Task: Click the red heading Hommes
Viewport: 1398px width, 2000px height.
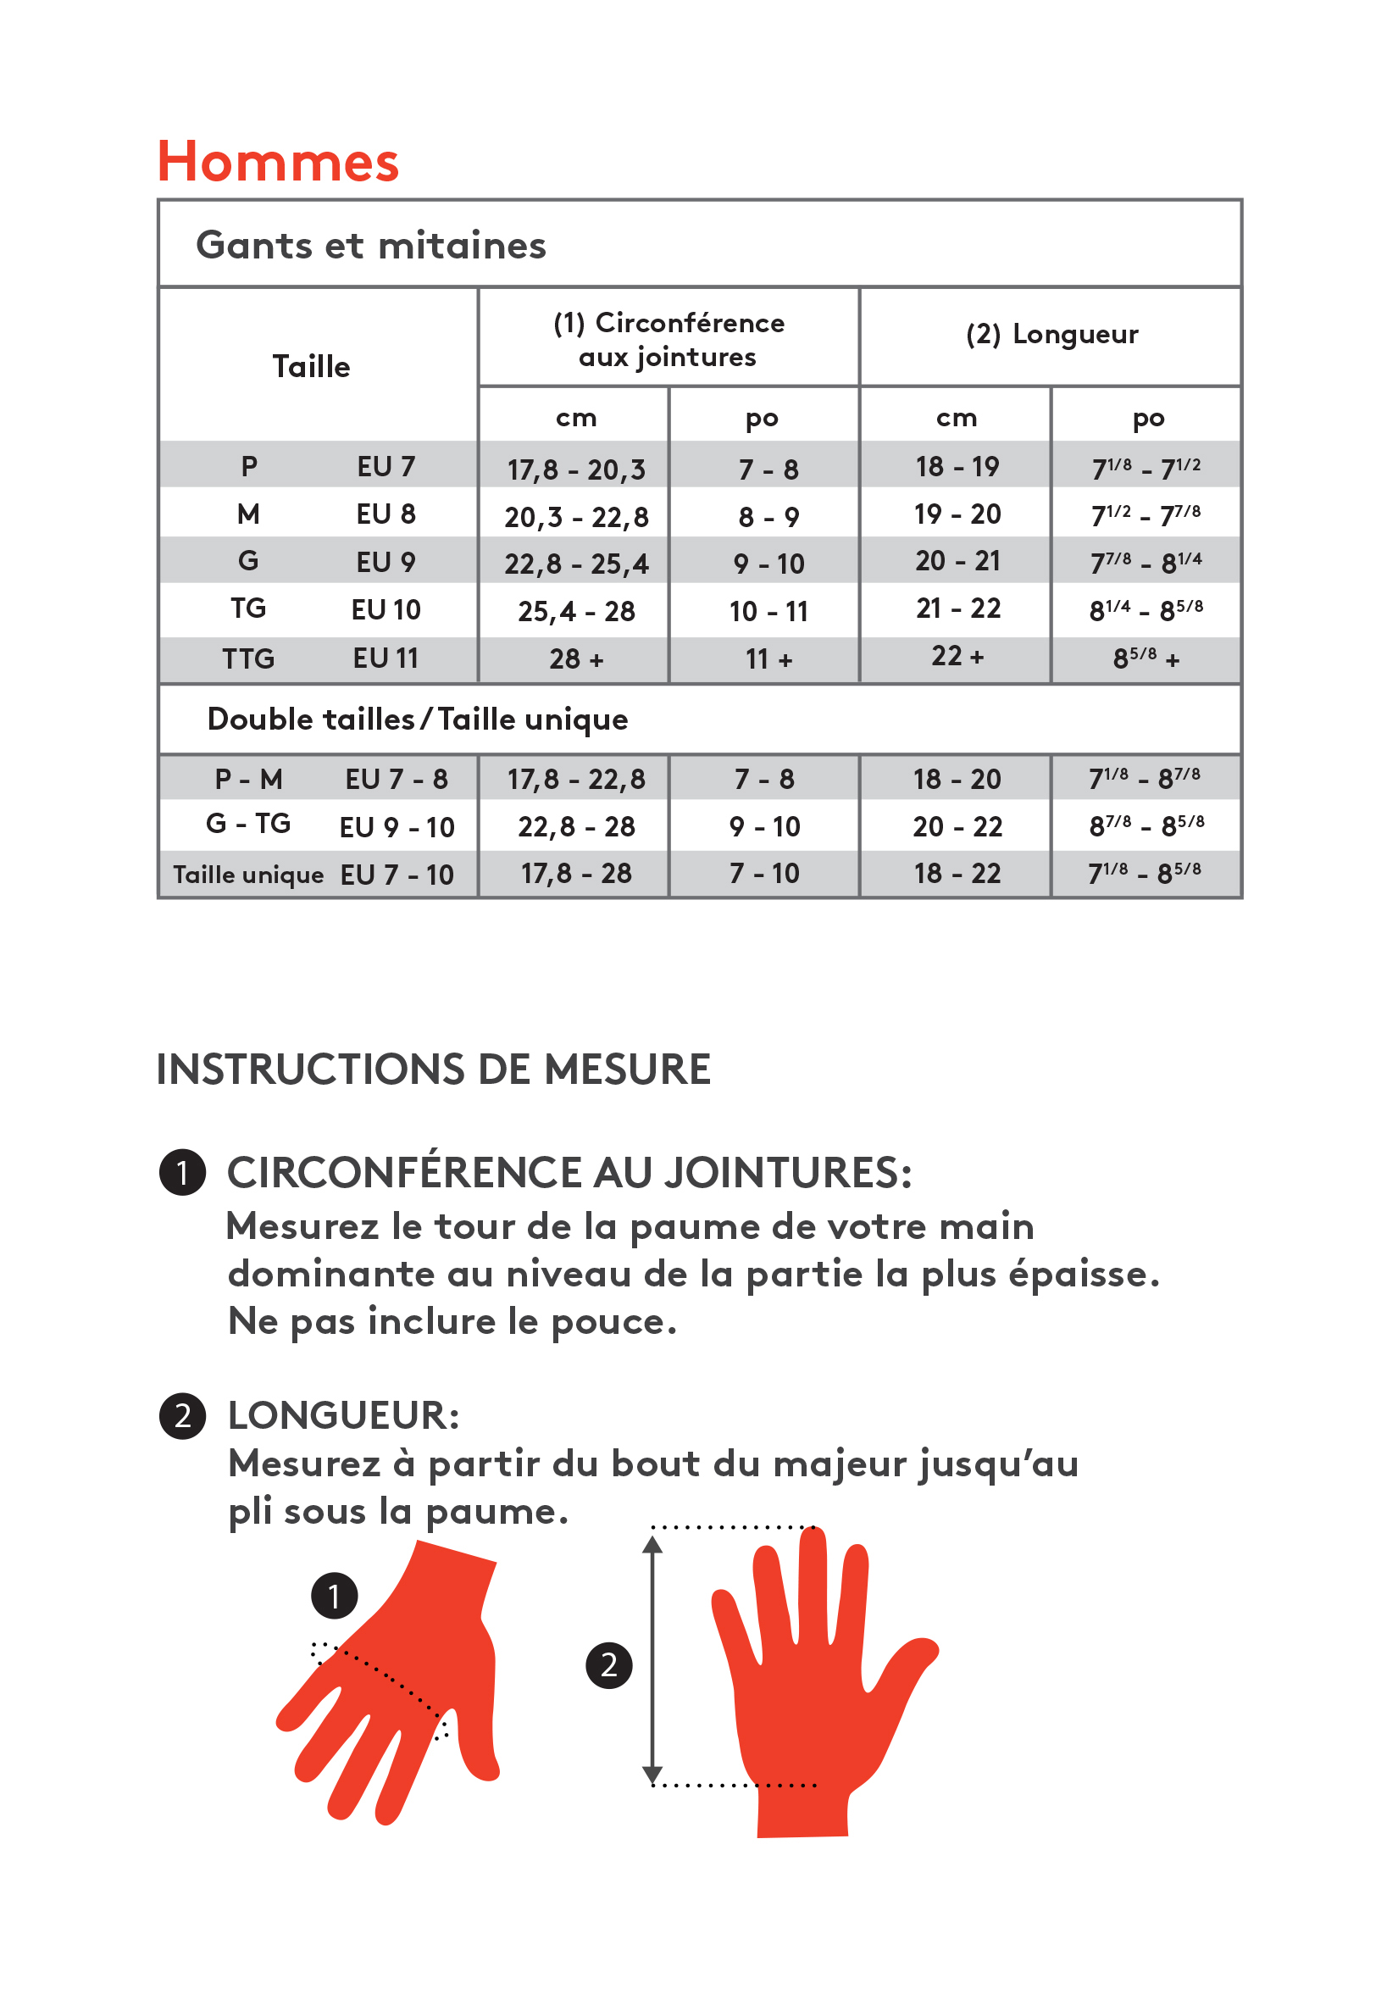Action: click(x=278, y=162)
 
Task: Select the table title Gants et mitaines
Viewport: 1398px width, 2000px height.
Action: click(x=371, y=246)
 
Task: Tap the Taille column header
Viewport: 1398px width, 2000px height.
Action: click(x=311, y=367)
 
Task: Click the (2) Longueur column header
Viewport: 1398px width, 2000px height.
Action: click(x=1051, y=335)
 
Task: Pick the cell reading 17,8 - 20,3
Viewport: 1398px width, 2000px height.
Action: click(x=576, y=470)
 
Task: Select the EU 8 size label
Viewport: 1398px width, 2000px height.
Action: click(x=386, y=514)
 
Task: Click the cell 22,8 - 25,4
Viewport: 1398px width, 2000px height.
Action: click(x=576, y=564)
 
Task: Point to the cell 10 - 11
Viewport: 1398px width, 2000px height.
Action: click(x=768, y=612)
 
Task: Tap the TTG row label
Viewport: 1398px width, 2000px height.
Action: click(x=248, y=658)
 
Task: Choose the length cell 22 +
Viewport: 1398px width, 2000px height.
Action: click(x=957, y=656)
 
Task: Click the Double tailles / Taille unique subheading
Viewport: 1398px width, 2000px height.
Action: click(x=417, y=719)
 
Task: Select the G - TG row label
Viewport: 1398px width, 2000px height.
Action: click(x=248, y=824)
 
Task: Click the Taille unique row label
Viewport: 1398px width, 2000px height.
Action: click(x=248, y=875)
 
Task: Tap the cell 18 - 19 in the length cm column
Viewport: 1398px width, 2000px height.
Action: click(x=957, y=467)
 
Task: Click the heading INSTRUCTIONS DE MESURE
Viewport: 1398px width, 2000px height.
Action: click(x=433, y=1069)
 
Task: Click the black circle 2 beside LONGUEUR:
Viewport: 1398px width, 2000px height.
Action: click(x=182, y=1415)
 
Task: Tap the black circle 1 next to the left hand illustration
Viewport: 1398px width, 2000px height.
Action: click(x=334, y=1596)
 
